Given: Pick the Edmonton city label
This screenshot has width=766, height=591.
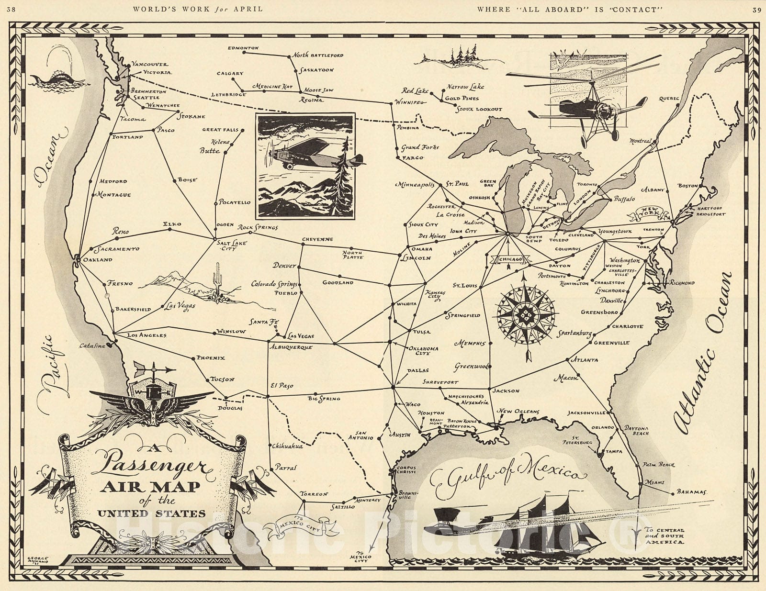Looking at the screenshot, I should tap(243, 48).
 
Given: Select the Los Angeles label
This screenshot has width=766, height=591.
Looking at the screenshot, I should tap(146, 335).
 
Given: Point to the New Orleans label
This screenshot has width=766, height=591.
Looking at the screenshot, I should tap(518, 412).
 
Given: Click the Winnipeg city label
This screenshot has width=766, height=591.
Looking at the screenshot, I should tap(410, 102).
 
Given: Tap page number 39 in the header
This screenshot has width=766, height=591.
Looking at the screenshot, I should tap(756, 9).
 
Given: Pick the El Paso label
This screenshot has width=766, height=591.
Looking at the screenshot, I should tap(282, 386).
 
